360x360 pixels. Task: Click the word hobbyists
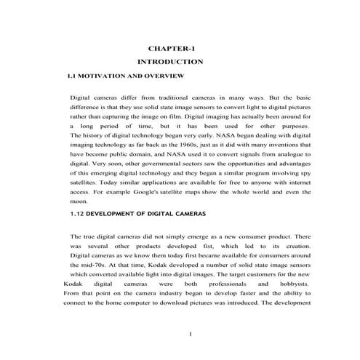point(294,284)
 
